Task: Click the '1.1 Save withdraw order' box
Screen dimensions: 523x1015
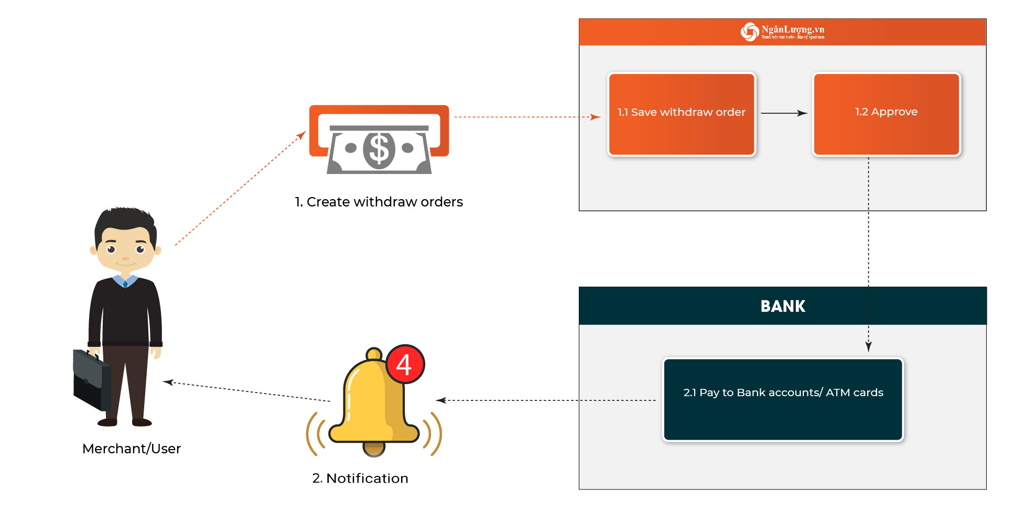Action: (681, 114)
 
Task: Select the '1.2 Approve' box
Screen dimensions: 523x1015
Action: (886, 114)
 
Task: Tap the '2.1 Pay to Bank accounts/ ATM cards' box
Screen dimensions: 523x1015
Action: (783, 399)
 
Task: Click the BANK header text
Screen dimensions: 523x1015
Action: (782, 306)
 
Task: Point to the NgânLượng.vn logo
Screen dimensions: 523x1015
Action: (782, 32)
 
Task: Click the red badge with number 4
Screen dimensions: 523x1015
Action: (405, 364)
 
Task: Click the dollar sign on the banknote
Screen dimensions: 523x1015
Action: (379, 149)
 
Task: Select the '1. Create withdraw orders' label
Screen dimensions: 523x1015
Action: (379, 202)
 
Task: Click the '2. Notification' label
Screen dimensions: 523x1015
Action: (360, 478)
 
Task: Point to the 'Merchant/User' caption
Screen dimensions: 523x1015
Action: (132, 449)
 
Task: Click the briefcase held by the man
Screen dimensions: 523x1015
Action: (91, 380)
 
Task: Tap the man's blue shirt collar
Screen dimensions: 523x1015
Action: (125, 281)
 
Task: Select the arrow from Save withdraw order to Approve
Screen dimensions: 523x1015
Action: (783, 113)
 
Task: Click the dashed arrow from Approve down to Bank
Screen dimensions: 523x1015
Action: (868, 252)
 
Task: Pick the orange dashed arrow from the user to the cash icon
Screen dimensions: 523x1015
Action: (240, 189)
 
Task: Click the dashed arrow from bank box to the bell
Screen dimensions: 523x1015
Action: (545, 400)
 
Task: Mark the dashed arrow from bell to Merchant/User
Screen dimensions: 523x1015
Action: (246, 391)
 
